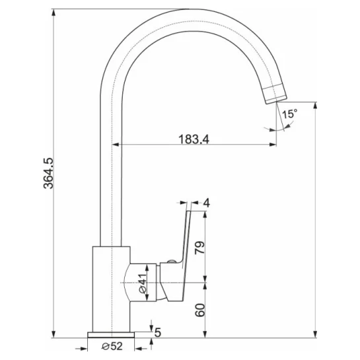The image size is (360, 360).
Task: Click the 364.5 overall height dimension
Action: coord(48,173)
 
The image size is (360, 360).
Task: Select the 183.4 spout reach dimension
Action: coord(194,139)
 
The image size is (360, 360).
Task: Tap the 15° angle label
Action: coord(289,114)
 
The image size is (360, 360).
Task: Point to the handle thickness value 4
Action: coord(207,203)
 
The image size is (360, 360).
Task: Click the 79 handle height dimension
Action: coord(199,248)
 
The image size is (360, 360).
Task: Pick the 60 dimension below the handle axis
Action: coord(199,310)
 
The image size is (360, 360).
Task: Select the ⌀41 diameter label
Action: coord(143,283)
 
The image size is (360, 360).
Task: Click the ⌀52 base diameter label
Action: coord(112,346)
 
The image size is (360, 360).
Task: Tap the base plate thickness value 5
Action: coord(158,332)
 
